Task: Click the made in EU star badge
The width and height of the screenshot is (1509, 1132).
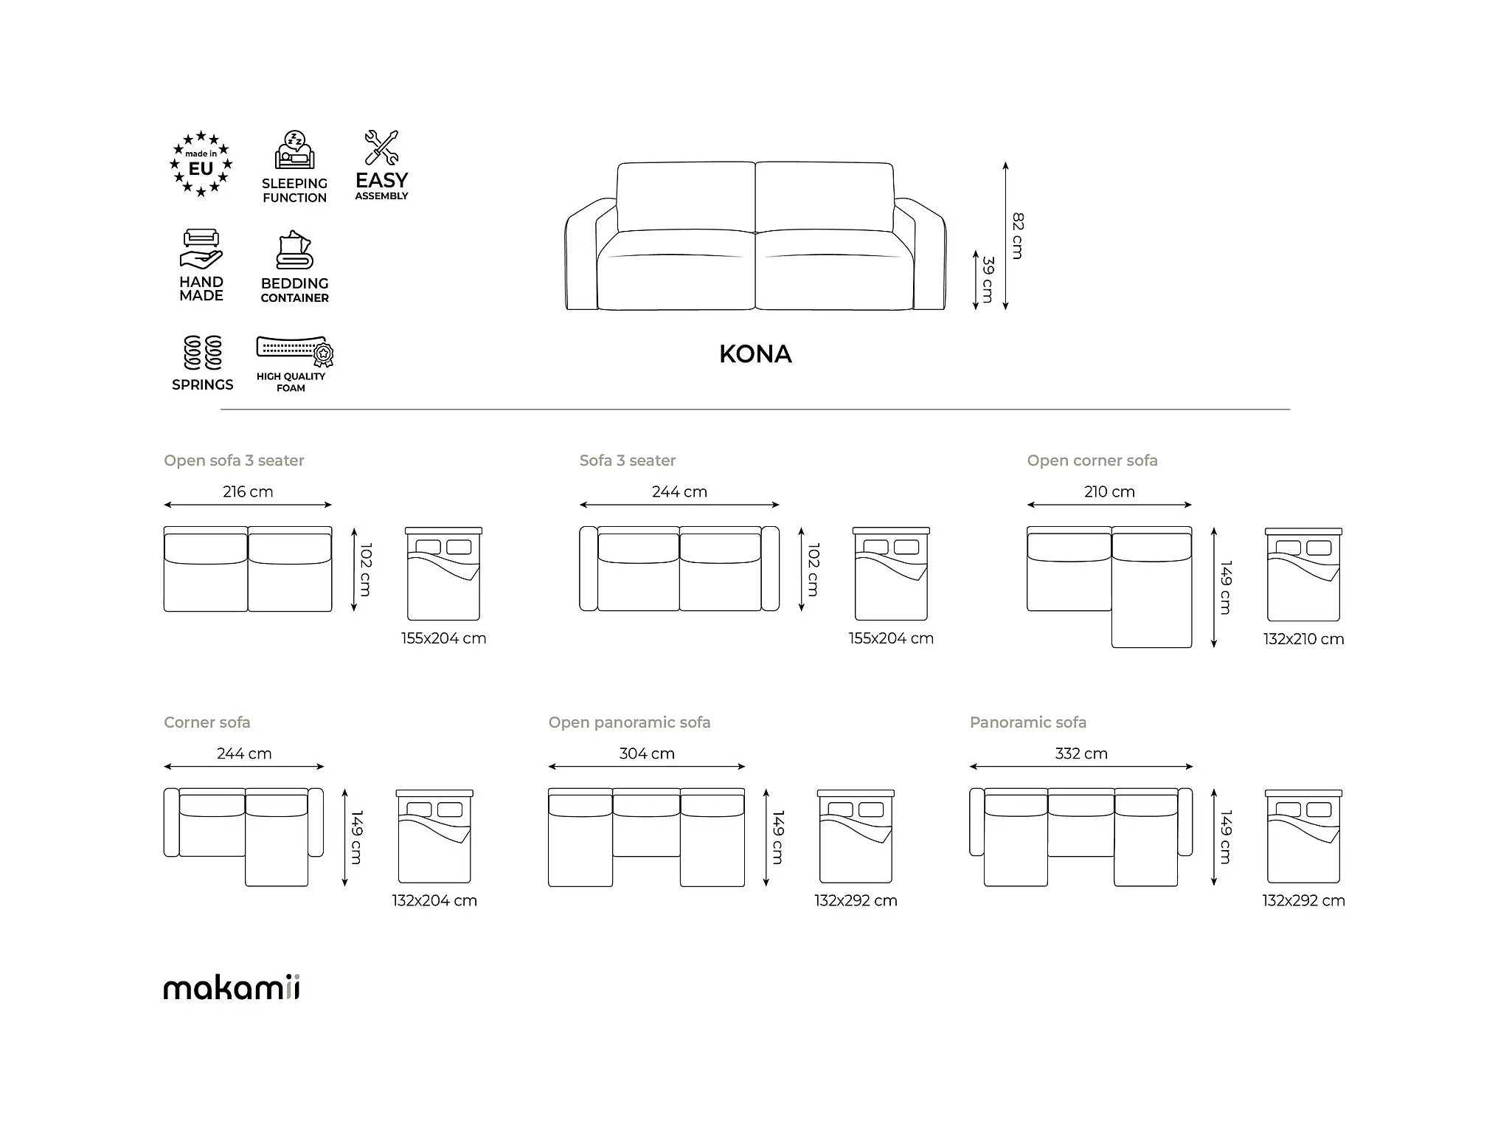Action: [x=201, y=164]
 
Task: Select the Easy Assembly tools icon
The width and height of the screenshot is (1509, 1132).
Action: [x=381, y=148]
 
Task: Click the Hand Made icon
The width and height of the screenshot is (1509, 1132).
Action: [x=201, y=249]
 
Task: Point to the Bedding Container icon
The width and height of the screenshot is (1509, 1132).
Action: [x=294, y=250]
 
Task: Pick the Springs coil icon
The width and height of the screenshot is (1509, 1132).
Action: [x=203, y=353]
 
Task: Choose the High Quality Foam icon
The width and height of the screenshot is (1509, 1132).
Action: [x=294, y=351]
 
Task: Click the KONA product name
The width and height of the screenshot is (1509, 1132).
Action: [x=755, y=354]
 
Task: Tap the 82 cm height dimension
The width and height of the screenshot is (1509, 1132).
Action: [x=1018, y=235]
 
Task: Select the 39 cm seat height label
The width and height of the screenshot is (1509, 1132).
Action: [x=988, y=279]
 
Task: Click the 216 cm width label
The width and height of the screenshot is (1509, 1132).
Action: [x=248, y=491]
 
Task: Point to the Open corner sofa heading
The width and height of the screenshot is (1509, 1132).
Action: [x=1092, y=460]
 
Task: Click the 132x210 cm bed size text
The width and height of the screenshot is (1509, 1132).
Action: [x=1303, y=639]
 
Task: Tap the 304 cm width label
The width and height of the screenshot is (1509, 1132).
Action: [x=647, y=753]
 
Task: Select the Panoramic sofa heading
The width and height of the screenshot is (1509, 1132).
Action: [x=1027, y=722]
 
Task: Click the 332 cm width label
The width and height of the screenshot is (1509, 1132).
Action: [x=1080, y=753]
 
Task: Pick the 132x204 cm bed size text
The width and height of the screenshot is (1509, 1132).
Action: [x=434, y=900]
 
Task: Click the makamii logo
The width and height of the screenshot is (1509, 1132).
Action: [x=232, y=987]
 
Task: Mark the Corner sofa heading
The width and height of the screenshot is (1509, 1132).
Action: [x=207, y=722]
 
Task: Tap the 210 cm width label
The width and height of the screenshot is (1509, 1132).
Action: [x=1109, y=491]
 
